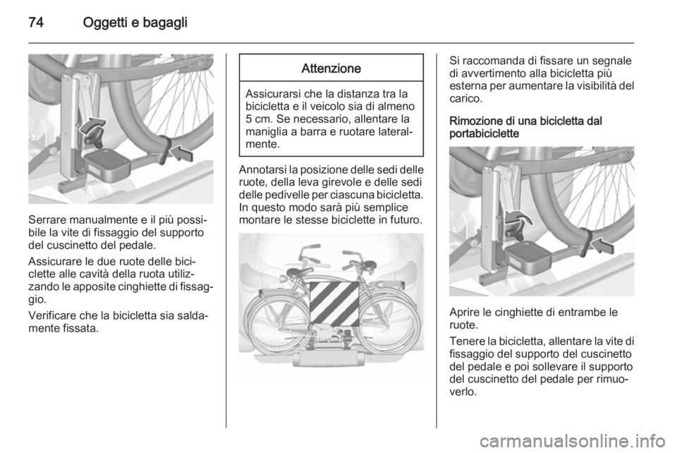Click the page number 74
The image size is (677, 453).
(x=36, y=23)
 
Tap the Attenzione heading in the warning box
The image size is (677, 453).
(x=331, y=68)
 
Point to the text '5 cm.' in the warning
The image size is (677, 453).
(x=260, y=118)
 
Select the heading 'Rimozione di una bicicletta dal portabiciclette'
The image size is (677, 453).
(x=526, y=127)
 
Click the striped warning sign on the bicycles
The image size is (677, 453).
(x=334, y=303)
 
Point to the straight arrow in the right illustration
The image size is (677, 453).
(x=602, y=246)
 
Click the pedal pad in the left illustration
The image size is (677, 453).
(x=105, y=165)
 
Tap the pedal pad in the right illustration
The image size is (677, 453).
(x=527, y=258)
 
